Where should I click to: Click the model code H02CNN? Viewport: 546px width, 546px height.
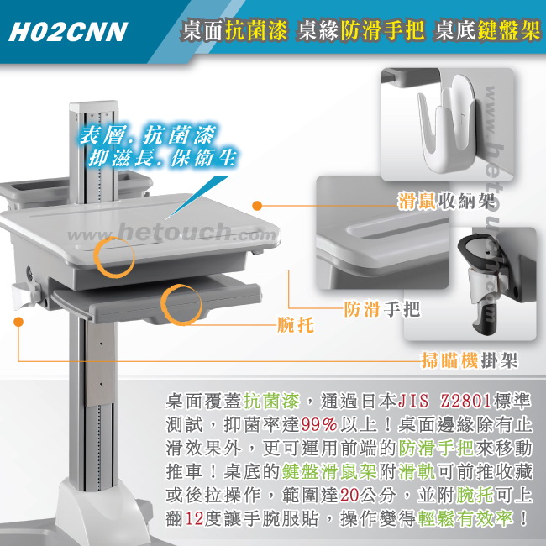click(68, 32)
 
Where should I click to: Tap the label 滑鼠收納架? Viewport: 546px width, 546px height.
click(446, 201)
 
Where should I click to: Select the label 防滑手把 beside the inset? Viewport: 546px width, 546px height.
click(381, 308)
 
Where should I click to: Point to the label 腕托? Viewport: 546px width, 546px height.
click(296, 325)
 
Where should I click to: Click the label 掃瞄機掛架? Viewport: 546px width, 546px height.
click(470, 360)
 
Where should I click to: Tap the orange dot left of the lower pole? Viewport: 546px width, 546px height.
click(18, 322)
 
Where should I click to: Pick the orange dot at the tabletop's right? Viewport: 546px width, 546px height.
click(257, 206)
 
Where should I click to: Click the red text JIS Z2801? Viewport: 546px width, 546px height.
click(444, 402)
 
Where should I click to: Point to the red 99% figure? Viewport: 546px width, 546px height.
click(319, 424)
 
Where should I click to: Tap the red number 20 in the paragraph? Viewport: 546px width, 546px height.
click(349, 495)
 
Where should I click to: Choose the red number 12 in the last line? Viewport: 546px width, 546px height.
click(194, 519)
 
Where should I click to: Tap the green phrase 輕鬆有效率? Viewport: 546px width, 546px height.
click(465, 519)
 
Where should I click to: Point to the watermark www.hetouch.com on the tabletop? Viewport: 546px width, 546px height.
click(171, 232)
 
